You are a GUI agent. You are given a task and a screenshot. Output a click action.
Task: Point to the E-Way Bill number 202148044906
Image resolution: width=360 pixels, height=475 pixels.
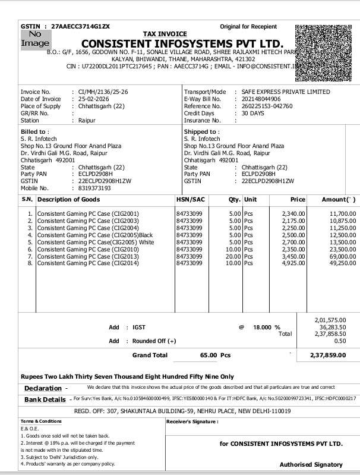point(258,99)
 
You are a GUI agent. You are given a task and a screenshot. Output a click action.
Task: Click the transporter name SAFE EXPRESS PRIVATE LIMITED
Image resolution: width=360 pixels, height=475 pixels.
point(282,92)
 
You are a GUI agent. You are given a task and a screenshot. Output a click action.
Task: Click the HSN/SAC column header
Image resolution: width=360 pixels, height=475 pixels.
point(191,200)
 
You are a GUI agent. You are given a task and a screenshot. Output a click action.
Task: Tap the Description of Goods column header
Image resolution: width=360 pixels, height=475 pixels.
point(68,200)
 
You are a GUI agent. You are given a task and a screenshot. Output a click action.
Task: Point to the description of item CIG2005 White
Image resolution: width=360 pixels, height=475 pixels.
point(96,242)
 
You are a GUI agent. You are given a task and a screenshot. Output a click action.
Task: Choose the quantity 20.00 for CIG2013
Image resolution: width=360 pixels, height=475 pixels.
point(233,256)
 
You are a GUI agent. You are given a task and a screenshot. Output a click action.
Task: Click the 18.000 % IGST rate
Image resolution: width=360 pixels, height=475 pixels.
point(263,327)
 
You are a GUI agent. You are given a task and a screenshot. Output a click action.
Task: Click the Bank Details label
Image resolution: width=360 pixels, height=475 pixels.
point(45,399)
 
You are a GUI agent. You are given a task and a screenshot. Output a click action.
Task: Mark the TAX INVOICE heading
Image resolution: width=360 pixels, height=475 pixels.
point(165,34)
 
